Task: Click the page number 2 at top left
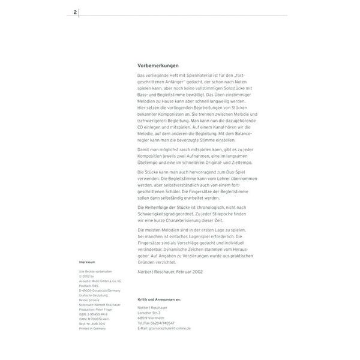[75, 11]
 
